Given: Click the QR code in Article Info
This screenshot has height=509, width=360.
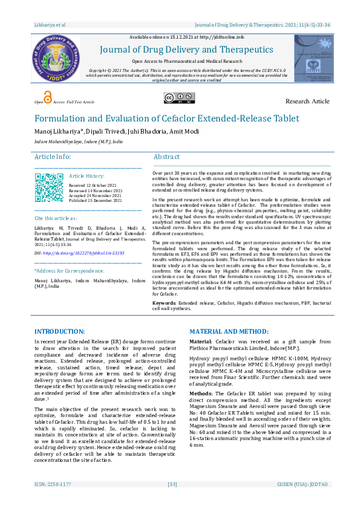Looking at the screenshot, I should click(49, 187).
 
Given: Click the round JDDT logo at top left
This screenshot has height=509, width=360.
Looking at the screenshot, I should click(56, 59).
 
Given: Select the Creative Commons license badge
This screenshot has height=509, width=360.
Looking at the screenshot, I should click(178, 99).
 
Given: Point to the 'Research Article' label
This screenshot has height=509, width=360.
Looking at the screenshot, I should click(307, 101).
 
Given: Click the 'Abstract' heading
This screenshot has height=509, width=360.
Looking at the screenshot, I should click(166, 157).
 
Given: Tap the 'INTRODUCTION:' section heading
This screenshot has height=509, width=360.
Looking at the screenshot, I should click(59, 332).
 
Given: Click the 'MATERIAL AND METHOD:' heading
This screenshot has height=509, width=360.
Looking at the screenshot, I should click(229, 332).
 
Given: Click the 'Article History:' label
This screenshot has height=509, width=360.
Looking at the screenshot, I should click(87, 175).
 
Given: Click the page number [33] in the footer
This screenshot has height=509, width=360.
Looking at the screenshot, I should click(172, 501).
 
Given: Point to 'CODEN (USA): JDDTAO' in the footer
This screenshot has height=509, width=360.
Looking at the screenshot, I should click(304, 501).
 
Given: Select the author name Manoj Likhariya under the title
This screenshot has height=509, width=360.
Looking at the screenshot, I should click(60, 131).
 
